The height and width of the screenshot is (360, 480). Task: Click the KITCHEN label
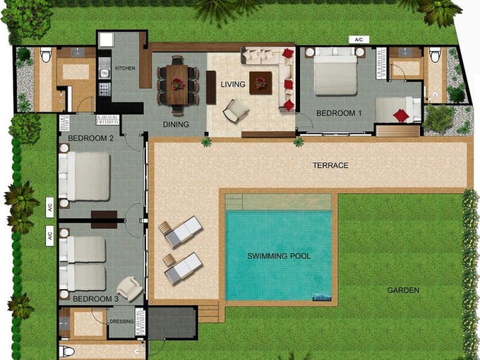125,68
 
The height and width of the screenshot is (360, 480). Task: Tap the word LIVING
233,84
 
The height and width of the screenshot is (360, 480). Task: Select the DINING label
176,124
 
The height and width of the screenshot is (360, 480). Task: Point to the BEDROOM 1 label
339,113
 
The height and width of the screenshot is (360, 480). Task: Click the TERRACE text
331,166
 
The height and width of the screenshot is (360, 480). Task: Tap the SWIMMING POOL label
279,256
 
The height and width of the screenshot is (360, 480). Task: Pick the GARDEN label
403,290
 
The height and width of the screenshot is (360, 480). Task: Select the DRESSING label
122,321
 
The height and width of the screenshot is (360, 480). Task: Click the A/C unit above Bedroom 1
359,40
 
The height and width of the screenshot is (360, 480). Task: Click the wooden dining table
177,85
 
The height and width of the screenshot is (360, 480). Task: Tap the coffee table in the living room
260,83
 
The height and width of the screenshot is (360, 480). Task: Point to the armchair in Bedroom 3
130,288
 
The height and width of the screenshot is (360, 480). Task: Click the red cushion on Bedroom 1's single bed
401,116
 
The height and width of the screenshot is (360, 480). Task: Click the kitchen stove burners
104,89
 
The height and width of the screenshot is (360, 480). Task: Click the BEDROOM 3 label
96,299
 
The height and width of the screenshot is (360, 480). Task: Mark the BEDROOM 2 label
91,139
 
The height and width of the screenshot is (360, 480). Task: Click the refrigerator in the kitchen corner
106,40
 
